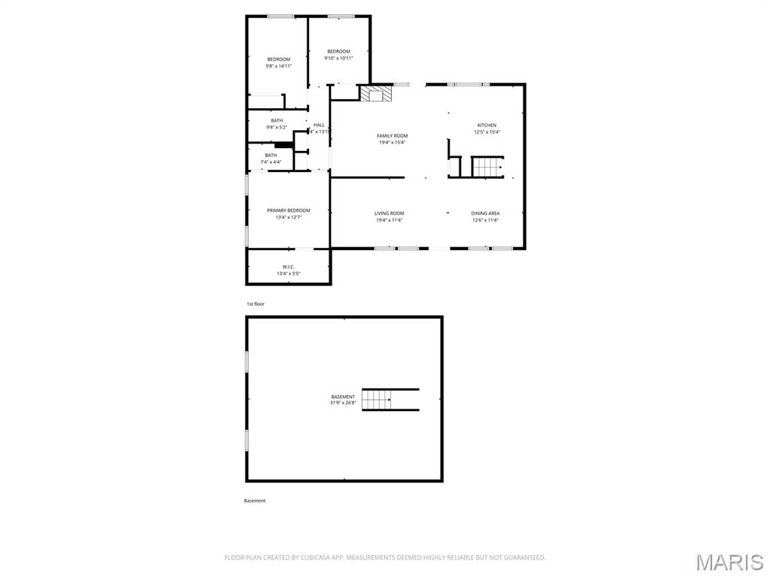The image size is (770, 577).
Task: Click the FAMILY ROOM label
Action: [392, 136]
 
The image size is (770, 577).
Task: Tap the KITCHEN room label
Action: [487, 125]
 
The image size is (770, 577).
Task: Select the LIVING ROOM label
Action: [390, 213]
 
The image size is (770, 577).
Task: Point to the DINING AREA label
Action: [485, 213]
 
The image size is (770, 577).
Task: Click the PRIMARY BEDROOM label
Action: [288, 210]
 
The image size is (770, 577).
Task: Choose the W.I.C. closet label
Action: [288, 267]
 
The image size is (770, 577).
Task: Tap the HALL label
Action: [319, 125]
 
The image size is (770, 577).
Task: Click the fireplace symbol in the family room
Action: [376, 94]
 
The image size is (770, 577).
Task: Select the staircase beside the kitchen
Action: [487, 167]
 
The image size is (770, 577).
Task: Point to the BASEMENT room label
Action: [343, 397]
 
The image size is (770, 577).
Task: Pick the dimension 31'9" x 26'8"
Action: [343, 403]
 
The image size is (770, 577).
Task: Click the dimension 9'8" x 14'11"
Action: [278, 66]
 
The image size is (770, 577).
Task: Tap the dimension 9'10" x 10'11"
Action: [338, 58]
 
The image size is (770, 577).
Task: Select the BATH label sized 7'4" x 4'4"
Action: [271, 156]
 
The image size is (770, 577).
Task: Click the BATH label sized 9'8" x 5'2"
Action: [277, 121]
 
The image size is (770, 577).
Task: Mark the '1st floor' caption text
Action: [256, 304]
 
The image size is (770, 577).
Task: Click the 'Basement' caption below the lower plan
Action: [255, 500]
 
